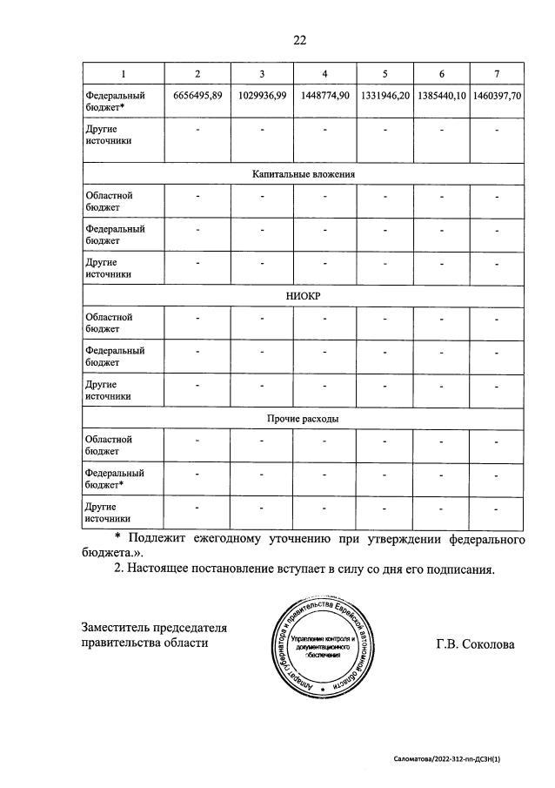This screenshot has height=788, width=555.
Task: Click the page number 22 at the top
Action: [x=300, y=39]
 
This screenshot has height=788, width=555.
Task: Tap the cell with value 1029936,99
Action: [x=261, y=95]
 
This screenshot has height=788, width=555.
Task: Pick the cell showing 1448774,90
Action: [x=324, y=95]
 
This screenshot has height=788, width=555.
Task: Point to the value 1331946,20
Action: [x=384, y=95]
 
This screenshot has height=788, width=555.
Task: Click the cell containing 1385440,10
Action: [x=441, y=95]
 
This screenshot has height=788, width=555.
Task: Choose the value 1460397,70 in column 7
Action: [x=496, y=95]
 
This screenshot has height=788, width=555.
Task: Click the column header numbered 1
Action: [x=122, y=73]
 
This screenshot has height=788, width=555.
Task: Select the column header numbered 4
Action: [x=324, y=73]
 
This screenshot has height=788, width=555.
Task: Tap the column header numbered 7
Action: [x=496, y=73]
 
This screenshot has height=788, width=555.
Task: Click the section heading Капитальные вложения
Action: [x=303, y=174]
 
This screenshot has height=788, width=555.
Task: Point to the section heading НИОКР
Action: [x=303, y=296]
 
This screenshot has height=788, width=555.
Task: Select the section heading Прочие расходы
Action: [x=303, y=419]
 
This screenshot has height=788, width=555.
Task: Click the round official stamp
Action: [x=326, y=645]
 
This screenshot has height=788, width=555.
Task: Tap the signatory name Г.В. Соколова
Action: [x=475, y=644]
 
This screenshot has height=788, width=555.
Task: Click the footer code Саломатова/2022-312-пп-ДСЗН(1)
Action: [x=447, y=759]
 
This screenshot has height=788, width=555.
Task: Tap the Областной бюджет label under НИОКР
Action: [x=108, y=323]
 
